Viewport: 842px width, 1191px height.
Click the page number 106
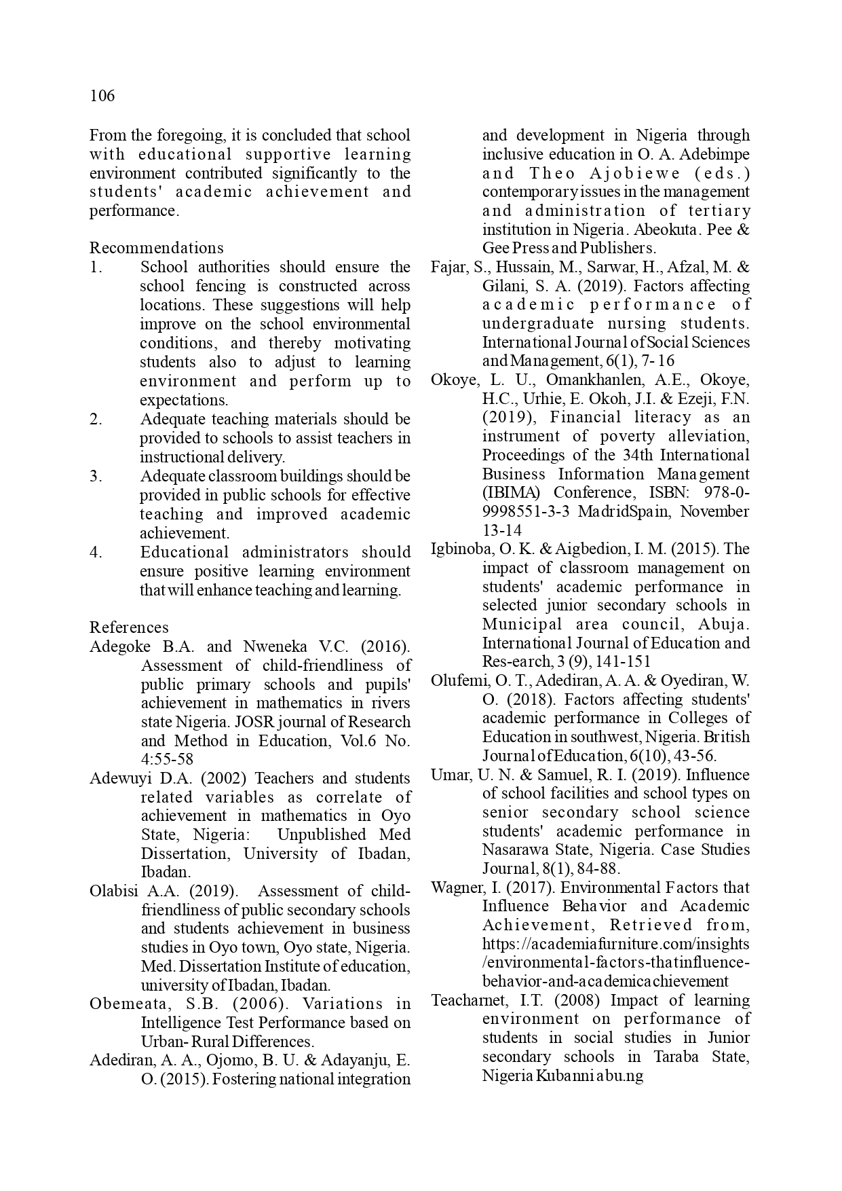(102, 96)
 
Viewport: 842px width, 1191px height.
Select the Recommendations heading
(156, 248)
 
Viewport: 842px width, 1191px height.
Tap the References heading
(129, 627)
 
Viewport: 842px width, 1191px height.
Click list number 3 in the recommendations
(96, 476)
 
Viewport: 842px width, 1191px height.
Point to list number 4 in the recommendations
(96, 552)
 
